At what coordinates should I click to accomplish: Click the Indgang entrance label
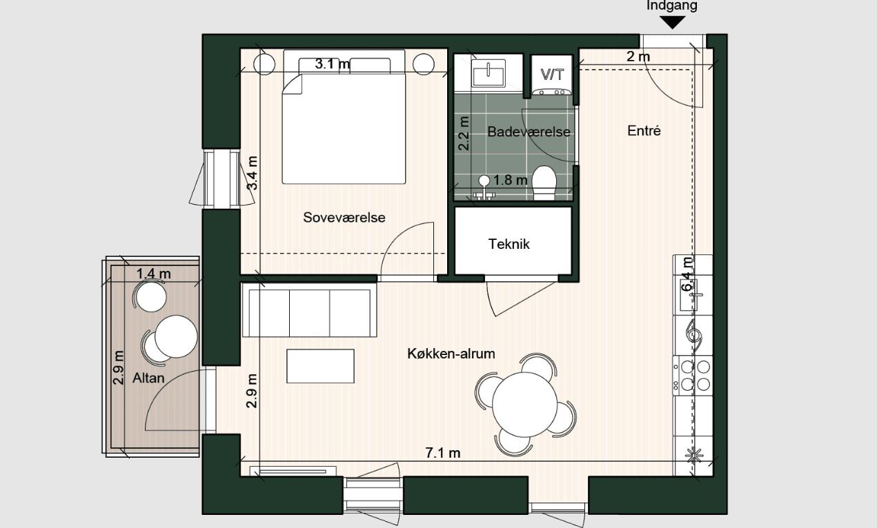pos(671,6)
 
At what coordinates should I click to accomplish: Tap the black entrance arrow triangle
pos(672,22)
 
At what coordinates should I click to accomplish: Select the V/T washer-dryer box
pos(551,74)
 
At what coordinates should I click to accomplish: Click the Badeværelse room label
pos(529,132)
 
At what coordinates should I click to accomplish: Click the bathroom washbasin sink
pos(489,71)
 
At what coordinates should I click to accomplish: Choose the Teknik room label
pos(509,243)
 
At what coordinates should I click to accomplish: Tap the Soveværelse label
pos(344,217)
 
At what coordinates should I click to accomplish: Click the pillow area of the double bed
pos(344,66)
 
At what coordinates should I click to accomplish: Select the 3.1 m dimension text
pos(332,64)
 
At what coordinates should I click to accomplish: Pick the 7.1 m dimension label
pos(442,453)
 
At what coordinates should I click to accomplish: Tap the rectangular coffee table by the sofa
pos(321,366)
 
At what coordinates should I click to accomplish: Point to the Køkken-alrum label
pos(451,354)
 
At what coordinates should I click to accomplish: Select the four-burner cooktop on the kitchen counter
pos(695,375)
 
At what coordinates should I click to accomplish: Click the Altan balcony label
pos(148,378)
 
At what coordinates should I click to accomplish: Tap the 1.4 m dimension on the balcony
pos(153,274)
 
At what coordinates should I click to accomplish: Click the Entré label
pos(644,130)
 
